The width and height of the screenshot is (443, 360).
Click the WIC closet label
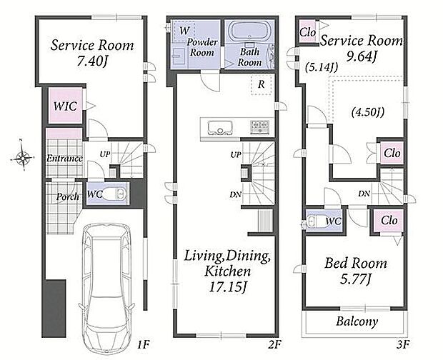pyautogui.click(x=65, y=106)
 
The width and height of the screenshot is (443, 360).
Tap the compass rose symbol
pyautogui.click(x=23, y=156)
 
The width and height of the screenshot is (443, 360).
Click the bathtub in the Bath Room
pyautogui.click(x=249, y=32)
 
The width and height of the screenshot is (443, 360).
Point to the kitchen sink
pyautogui.click(x=220, y=128)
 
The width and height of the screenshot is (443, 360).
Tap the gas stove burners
pyautogui.click(x=259, y=126)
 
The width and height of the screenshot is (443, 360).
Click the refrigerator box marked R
pyautogui.click(x=262, y=84)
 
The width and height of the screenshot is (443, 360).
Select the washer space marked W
pyautogui.click(x=184, y=31)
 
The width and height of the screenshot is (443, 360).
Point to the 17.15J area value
pyautogui.click(x=227, y=286)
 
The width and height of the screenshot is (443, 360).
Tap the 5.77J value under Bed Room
pyautogui.click(x=355, y=279)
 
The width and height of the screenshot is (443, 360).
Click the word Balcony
pyautogui.click(x=357, y=321)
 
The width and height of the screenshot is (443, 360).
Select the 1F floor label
pyautogui.click(x=143, y=344)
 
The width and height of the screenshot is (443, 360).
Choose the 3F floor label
pyautogui.click(x=402, y=344)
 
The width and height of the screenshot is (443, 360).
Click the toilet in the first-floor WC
pyautogui.click(x=114, y=194)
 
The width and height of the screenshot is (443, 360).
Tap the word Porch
pyautogui.click(x=68, y=196)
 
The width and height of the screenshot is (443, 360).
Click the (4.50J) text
pyautogui.click(x=367, y=112)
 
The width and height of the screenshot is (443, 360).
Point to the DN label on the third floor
pyautogui.click(x=364, y=194)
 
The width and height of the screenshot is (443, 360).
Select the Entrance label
pyautogui.click(x=65, y=158)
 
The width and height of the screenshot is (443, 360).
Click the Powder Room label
pyautogui.click(x=202, y=47)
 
